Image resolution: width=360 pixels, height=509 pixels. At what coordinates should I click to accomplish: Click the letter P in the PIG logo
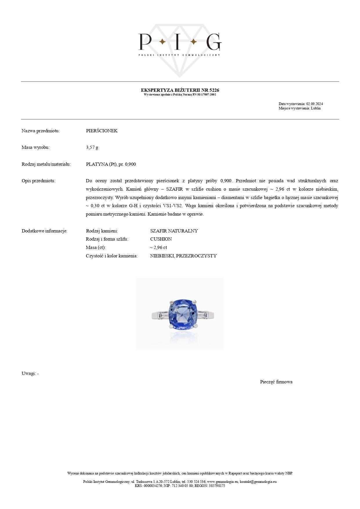145,41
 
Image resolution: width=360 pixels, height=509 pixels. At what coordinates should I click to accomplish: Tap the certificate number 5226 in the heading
214,90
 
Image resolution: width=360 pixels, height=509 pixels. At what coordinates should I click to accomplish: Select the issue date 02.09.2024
314,104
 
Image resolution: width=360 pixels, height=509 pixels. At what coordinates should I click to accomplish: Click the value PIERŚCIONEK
102,131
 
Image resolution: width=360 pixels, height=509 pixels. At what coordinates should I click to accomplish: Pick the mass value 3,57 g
92,147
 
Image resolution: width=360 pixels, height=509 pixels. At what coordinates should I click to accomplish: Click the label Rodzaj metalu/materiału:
46,164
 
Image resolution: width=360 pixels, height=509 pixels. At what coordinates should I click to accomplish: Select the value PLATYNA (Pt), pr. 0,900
111,164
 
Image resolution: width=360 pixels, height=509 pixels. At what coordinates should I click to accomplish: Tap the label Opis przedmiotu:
38,181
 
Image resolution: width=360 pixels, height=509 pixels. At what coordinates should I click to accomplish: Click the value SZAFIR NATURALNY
174,231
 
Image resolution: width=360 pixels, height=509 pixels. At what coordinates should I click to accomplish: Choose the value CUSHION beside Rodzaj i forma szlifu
161,239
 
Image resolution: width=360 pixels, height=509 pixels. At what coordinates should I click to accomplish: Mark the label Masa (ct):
96,248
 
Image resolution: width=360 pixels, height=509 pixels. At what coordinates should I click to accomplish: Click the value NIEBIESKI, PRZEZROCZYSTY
183,256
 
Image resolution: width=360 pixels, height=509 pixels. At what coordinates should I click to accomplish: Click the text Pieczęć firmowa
276,382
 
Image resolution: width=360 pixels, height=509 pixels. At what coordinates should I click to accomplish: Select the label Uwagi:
29,373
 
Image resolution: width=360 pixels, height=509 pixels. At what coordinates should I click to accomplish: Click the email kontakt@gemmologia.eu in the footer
258,482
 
